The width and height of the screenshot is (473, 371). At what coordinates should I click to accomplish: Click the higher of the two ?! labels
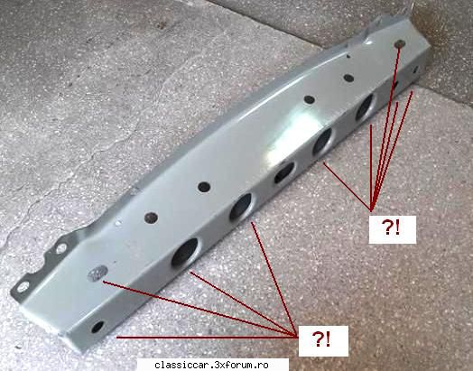point(393,229)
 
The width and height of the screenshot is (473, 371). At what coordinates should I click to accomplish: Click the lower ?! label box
point(323,341)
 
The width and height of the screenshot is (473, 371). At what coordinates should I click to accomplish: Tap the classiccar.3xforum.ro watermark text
point(211,366)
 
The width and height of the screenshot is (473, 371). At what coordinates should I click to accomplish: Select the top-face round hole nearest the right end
point(400,43)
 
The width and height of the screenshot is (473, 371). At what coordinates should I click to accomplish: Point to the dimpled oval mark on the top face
point(97,273)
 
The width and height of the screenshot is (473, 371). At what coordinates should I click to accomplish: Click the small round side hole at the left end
point(97,327)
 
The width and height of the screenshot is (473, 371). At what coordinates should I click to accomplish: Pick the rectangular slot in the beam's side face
point(284,172)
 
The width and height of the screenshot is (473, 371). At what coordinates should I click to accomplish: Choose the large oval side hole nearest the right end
point(365,107)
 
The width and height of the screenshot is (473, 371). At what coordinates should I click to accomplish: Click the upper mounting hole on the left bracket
point(61,248)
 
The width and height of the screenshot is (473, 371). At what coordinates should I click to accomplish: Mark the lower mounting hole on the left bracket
point(23,286)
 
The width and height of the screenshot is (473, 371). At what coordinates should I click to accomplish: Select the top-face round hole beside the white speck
point(151,218)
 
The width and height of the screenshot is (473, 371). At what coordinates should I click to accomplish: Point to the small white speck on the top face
point(118,224)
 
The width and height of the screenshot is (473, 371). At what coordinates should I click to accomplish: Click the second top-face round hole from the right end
point(349,78)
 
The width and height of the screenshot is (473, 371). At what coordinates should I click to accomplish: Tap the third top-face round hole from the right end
point(310,99)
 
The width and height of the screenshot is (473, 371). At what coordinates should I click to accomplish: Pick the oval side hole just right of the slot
point(322,141)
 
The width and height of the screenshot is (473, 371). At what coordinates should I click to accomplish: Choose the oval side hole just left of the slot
point(241,207)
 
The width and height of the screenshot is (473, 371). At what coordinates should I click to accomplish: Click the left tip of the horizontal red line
point(116,338)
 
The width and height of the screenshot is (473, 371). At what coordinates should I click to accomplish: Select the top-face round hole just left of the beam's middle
point(204,187)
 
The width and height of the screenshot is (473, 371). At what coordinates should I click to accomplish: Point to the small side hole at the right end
point(415,70)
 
